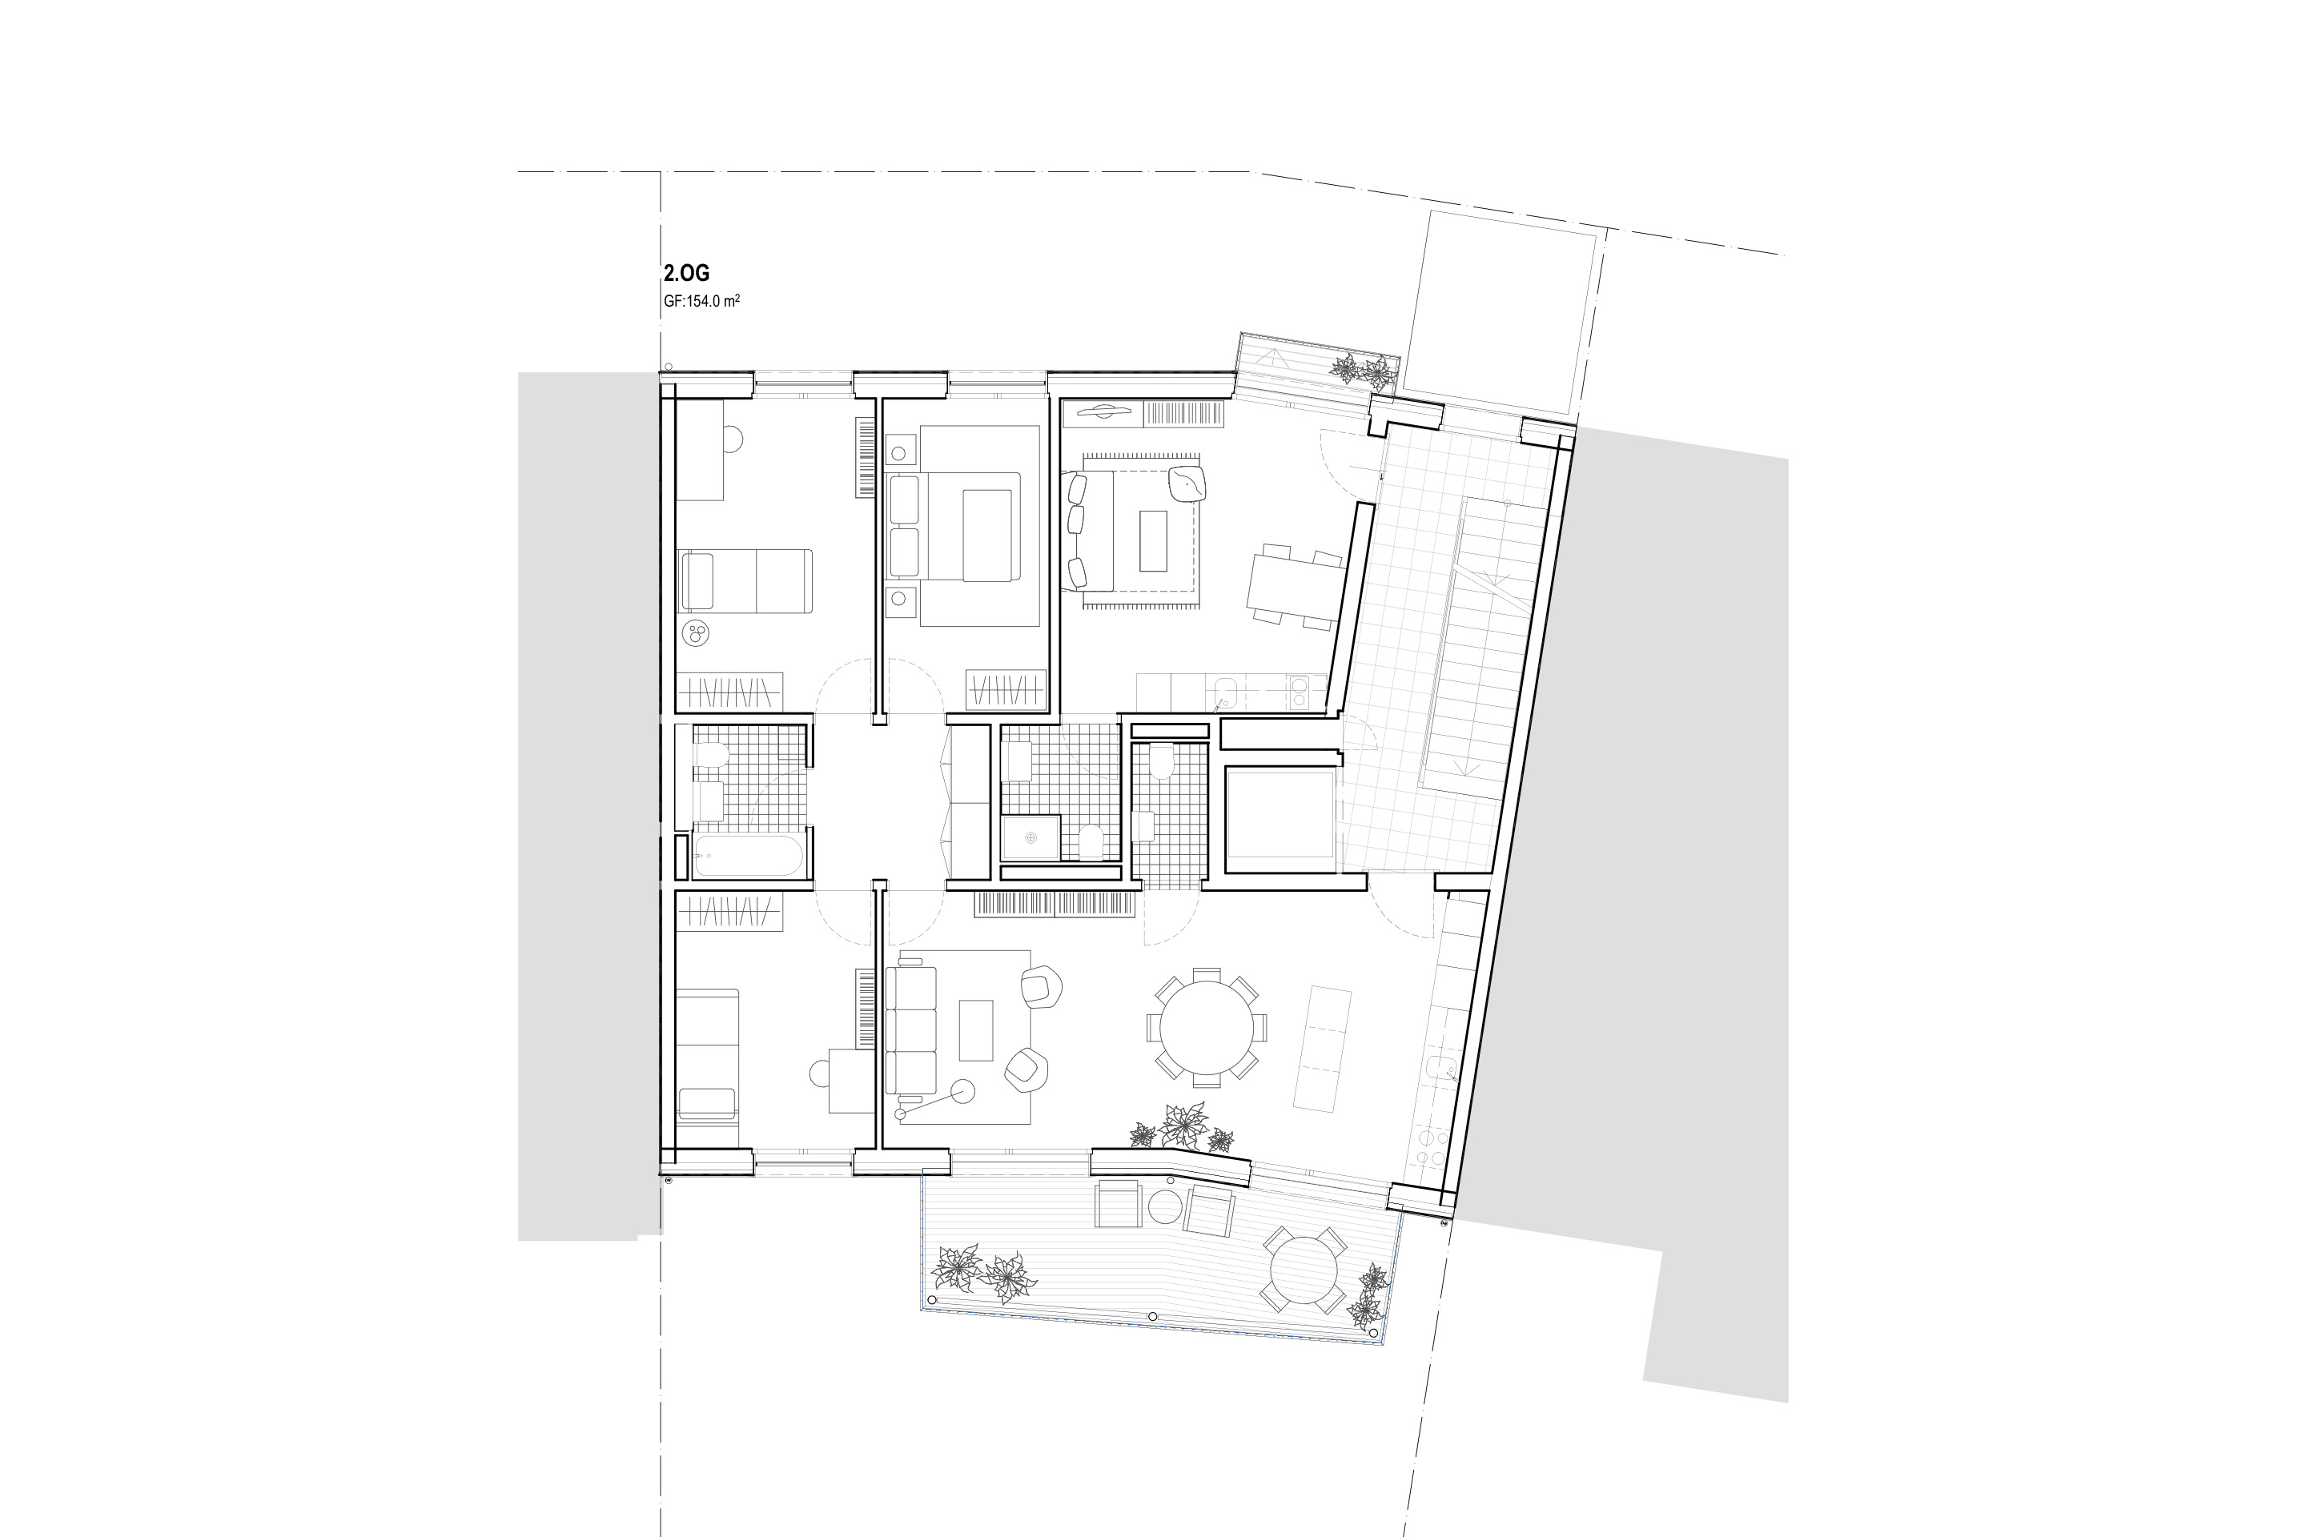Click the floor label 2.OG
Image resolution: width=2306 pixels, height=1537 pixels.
(x=685, y=274)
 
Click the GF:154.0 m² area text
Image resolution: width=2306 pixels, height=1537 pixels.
(x=701, y=301)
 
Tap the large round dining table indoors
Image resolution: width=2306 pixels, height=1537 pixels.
(x=1206, y=1028)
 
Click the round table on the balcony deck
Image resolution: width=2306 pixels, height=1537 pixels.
(x=1303, y=1270)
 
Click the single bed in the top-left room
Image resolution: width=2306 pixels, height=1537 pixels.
(x=745, y=581)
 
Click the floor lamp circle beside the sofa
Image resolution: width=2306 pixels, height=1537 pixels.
(x=962, y=1091)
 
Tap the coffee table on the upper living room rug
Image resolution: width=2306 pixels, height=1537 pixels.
(x=1153, y=540)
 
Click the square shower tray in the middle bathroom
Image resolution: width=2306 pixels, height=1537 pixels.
(x=1030, y=838)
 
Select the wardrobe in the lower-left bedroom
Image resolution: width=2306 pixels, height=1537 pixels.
(x=729, y=913)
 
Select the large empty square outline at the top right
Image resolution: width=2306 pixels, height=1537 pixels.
(x=1498, y=311)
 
